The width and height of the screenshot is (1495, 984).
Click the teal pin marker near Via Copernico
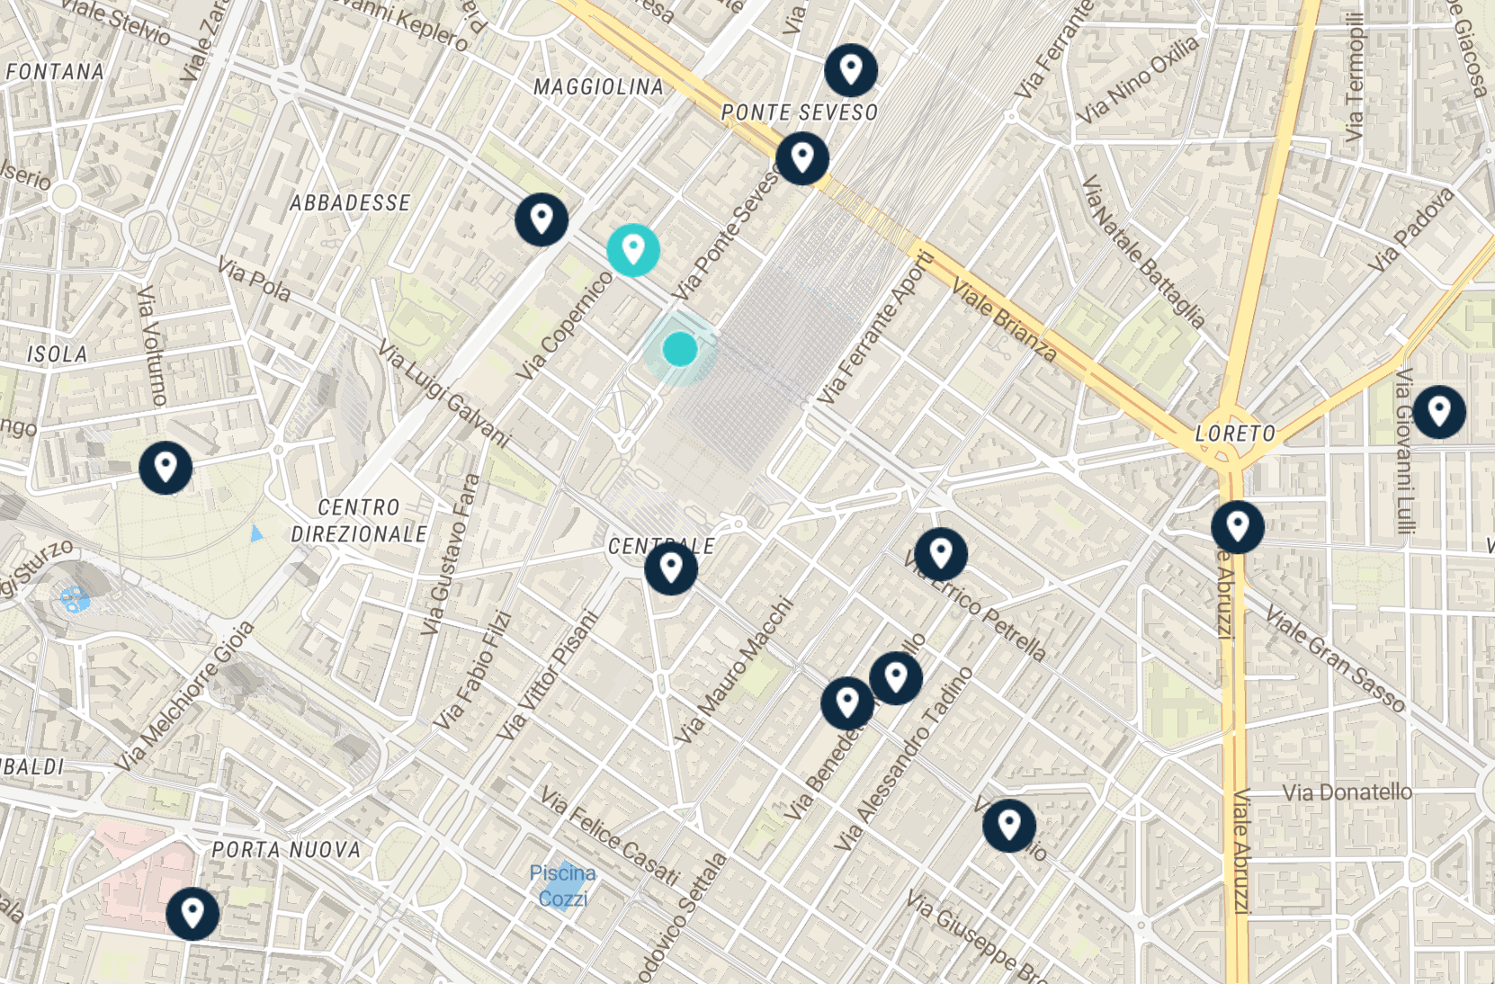633,249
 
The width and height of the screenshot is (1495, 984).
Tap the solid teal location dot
680,349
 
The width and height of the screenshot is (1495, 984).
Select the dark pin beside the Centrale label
671,568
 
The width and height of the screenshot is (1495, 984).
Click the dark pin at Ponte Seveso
802,158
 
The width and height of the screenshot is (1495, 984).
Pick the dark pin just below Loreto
1238,527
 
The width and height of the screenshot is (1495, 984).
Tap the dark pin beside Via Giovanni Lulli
1439,412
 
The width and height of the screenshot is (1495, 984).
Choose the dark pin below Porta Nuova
192,914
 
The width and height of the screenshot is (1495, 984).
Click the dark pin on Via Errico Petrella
941,554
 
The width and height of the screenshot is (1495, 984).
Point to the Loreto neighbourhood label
1235,434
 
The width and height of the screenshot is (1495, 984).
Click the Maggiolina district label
598,87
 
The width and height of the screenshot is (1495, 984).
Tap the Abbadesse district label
350,203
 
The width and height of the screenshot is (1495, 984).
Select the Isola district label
57,354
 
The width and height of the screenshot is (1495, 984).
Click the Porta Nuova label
286,850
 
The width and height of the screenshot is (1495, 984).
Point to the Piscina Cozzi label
562,885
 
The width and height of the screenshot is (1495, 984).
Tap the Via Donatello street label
1347,792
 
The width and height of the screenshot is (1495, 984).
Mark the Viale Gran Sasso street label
1335,659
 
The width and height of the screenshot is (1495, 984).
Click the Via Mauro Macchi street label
736,671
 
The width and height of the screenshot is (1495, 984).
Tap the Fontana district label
54,72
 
